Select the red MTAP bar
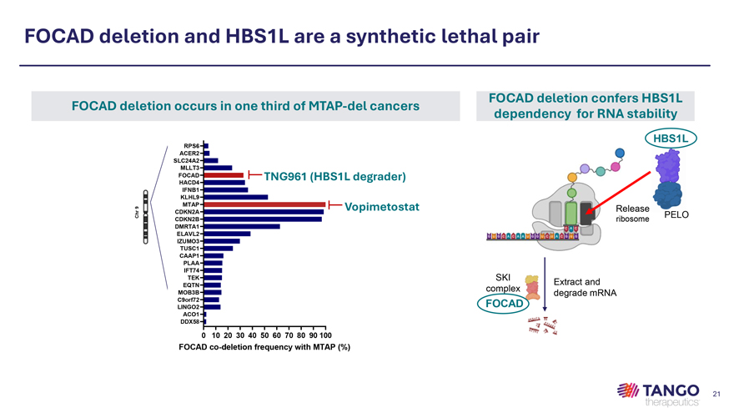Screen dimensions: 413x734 coord(264,204)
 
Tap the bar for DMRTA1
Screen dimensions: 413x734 coord(241,226)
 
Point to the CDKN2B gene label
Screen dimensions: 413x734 coord(186,219)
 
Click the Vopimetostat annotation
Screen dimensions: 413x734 coord(381,206)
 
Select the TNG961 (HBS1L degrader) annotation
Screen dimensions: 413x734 coord(334,176)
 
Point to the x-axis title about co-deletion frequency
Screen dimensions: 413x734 coord(264,347)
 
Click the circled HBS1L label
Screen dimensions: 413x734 coord(669,138)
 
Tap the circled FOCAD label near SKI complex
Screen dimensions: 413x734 coord(503,305)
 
